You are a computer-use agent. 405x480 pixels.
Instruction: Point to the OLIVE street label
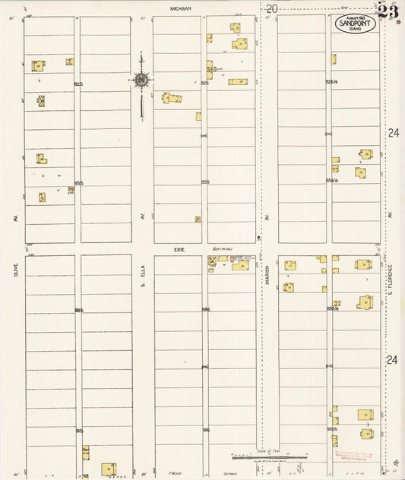pyautogui.click(x=15, y=269)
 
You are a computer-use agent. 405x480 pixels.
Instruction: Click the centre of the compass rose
pyautogui.click(x=141, y=79)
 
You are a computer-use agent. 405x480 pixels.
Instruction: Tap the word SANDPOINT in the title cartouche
pyautogui.click(x=356, y=23)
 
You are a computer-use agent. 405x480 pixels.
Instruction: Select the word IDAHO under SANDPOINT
pyautogui.click(x=356, y=29)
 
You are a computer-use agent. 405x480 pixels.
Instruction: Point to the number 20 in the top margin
pyautogui.click(x=271, y=8)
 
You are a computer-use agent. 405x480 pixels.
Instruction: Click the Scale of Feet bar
pyautogui.click(x=258, y=457)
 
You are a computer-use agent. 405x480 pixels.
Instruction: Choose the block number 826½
pyautogui.click(x=331, y=82)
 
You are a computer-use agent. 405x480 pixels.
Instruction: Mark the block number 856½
pyautogui.click(x=331, y=181)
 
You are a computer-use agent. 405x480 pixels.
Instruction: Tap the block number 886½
pyautogui.click(x=331, y=309)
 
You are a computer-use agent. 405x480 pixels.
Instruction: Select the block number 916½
pyautogui.click(x=331, y=429)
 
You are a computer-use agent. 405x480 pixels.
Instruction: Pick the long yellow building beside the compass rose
pyautogui.click(x=172, y=98)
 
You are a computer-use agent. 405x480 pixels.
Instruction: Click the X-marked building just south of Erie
pyautogui.click(x=212, y=261)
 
